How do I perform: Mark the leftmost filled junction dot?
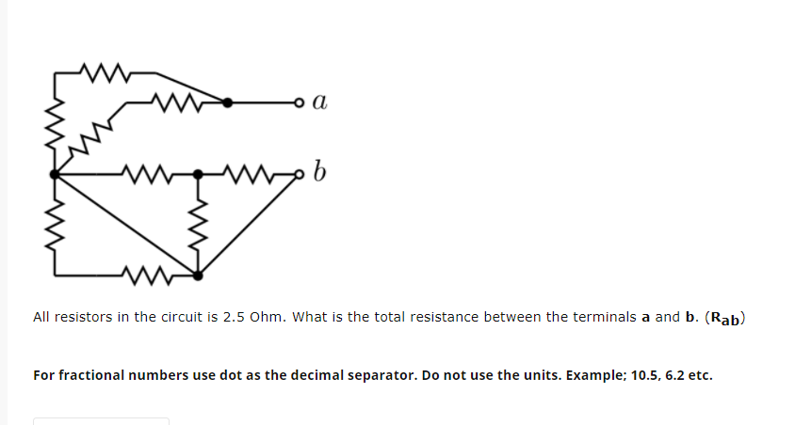tap(55, 174)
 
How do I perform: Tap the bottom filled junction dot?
tap(198, 275)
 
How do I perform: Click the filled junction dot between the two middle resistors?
tap(198, 174)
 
